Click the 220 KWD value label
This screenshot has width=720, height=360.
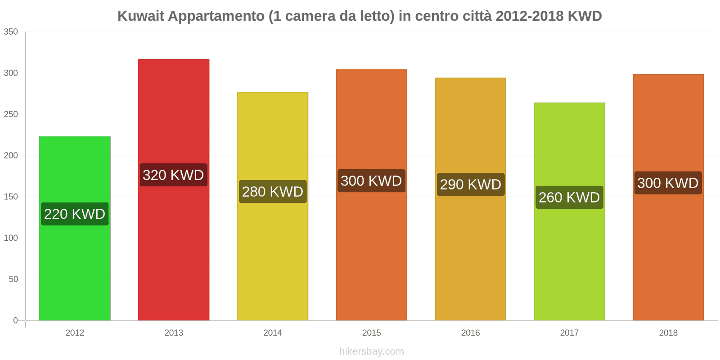click(x=75, y=214)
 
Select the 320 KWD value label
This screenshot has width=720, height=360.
click(x=173, y=175)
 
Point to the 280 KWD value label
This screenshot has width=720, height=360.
click(x=273, y=191)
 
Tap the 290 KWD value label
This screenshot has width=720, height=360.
click(x=471, y=184)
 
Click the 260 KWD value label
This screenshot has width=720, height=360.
click(x=569, y=197)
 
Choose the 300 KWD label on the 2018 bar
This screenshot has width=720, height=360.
click(x=668, y=183)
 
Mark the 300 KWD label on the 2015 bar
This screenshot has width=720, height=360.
click(x=371, y=180)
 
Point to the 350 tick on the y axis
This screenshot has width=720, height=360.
click(x=11, y=31)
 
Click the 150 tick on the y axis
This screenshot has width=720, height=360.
click(x=11, y=197)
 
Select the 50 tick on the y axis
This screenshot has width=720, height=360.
click(x=13, y=279)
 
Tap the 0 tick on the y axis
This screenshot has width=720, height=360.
click(x=16, y=320)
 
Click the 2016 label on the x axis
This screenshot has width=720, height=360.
click(x=470, y=333)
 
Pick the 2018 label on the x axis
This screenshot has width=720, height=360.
click(x=668, y=333)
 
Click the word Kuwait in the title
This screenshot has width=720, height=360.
click(x=140, y=16)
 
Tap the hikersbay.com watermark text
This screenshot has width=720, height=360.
click(x=372, y=351)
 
